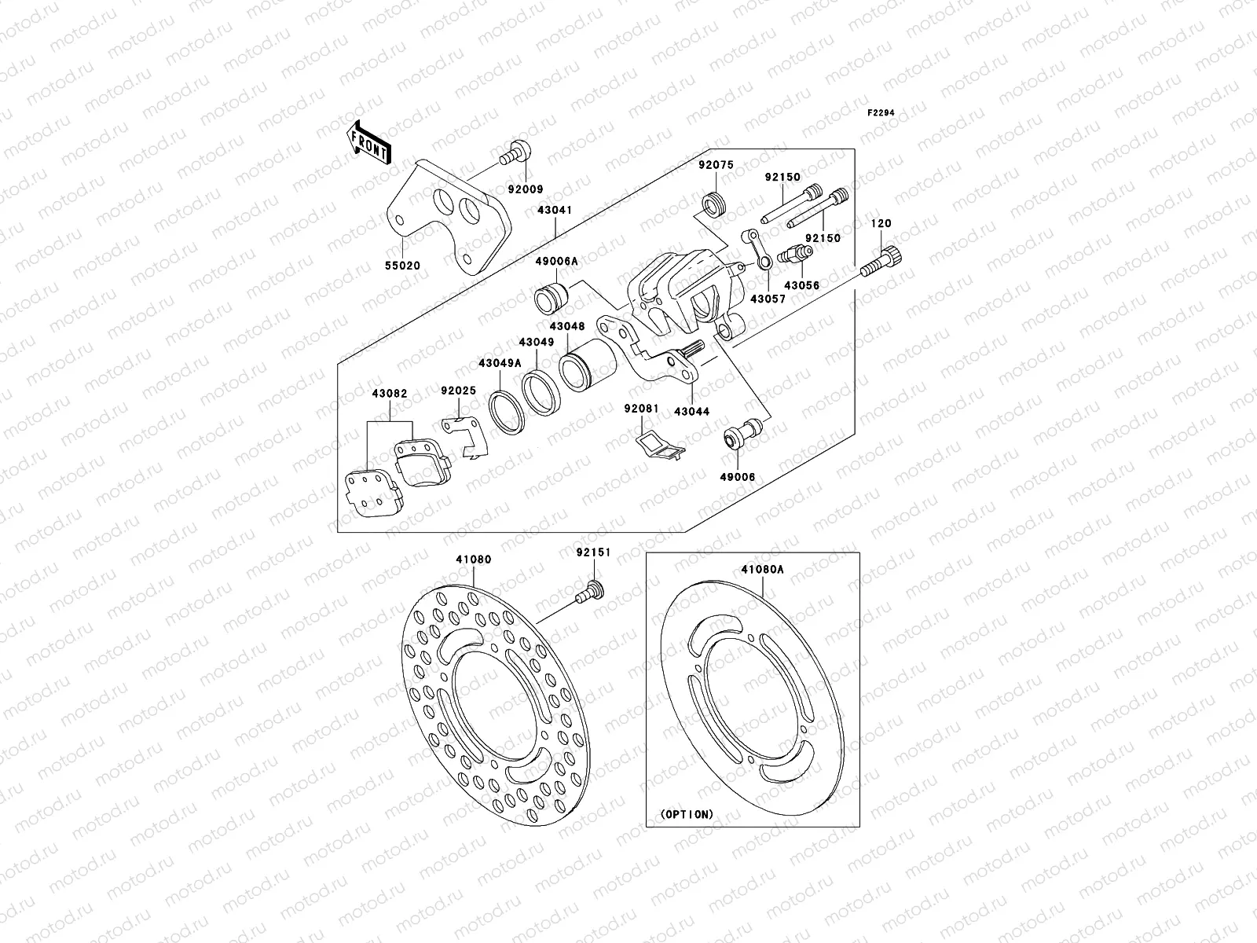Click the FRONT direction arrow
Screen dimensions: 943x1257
click(x=371, y=143)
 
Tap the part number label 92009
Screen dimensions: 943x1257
click(x=525, y=189)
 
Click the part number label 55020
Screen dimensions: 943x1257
click(x=402, y=266)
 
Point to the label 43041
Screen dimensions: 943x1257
click(x=555, y=211)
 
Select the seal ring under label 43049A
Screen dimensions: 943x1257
click(x=508, y=410)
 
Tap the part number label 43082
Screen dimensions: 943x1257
click(x=390, y=393)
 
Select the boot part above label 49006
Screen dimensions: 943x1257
click(x=738, y=435)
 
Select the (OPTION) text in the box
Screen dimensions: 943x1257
click(x=687, y=814)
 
